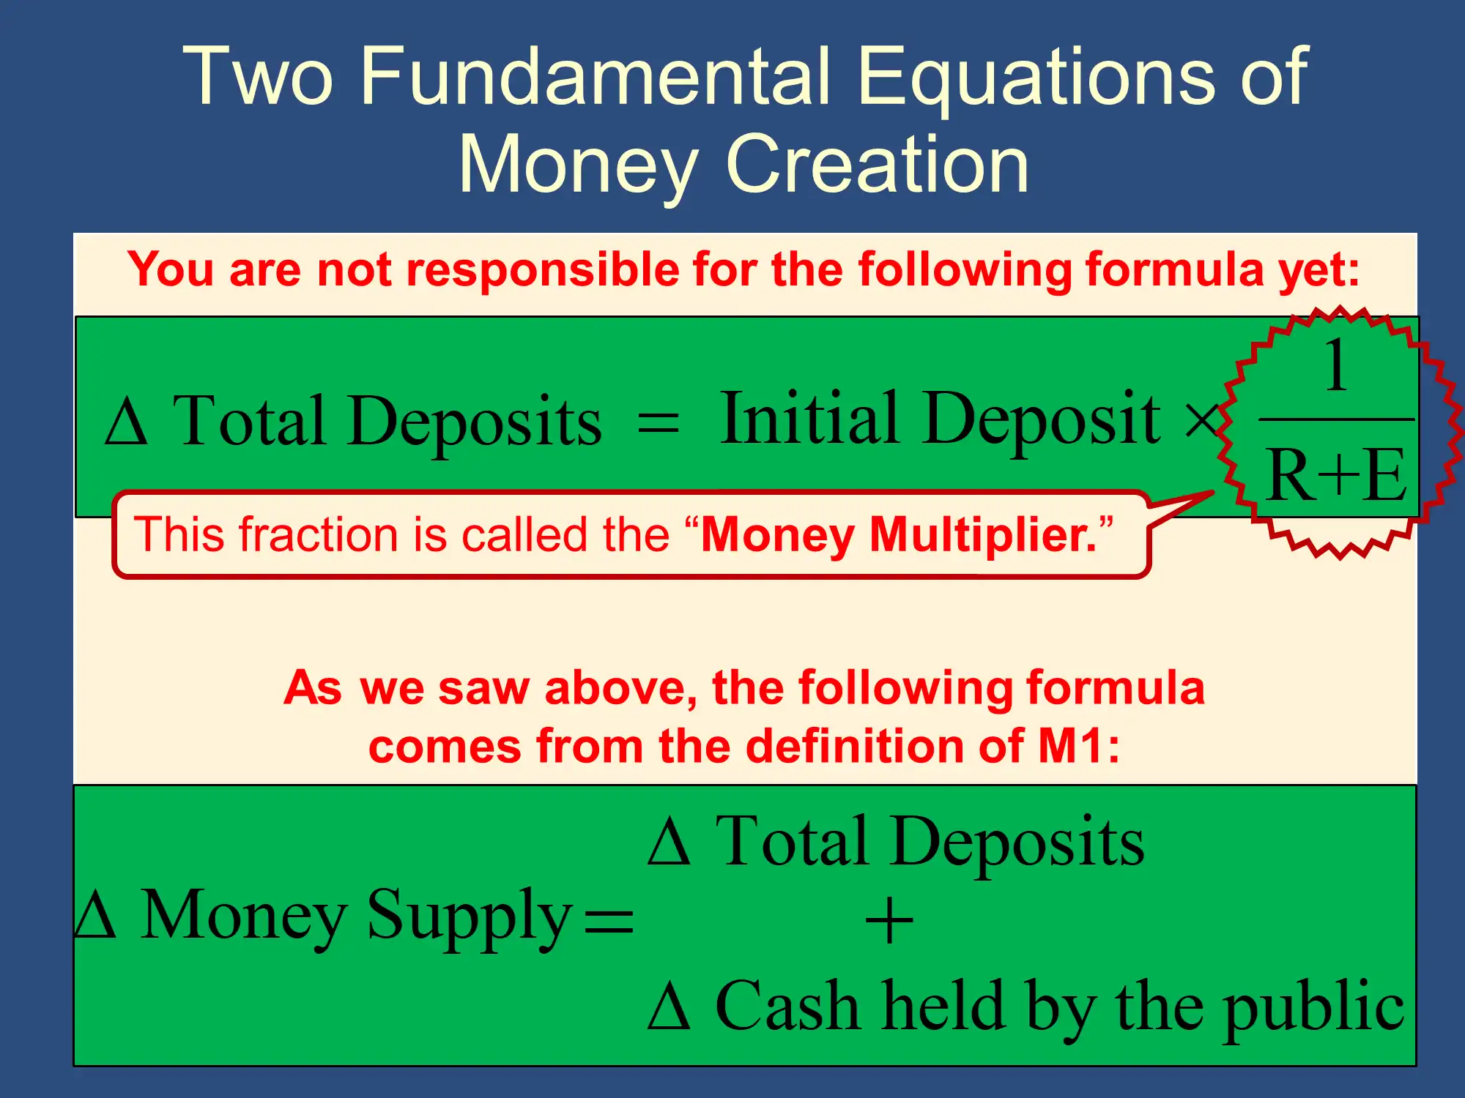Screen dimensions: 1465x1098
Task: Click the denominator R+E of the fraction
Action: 1336,474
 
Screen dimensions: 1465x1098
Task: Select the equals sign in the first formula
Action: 658,423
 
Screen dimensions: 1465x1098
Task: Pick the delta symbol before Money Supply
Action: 95,915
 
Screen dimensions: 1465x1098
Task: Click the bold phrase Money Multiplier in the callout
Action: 899,536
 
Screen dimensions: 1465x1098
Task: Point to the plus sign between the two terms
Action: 889,922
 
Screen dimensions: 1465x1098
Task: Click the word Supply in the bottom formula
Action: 469,918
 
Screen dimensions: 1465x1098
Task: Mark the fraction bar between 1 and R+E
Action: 1336,420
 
